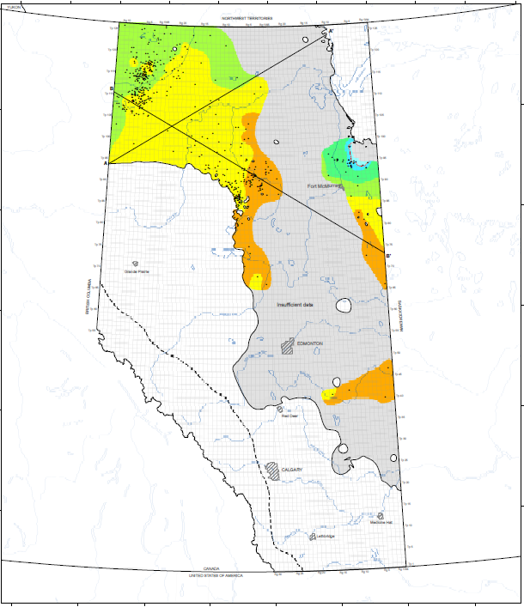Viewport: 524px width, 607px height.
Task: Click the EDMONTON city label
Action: (309, 343)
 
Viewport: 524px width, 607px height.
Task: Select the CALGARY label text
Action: (293, 470)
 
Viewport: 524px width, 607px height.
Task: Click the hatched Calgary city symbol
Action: (272, 470)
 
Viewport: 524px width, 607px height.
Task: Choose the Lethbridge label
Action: (324, 537)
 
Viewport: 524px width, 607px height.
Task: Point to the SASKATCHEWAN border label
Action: (400, 314)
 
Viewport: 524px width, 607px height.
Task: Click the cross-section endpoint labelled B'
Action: (388, 255)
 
